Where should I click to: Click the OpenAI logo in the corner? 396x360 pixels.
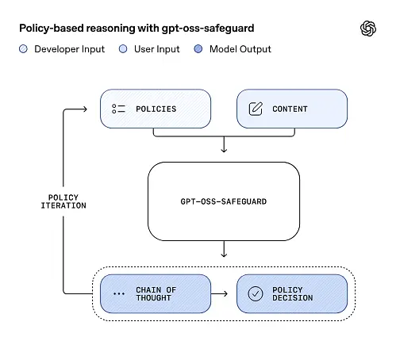tap(368, 29)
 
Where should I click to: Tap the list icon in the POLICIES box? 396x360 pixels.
tap(119, 109)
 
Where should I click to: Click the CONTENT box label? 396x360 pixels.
tap(290, 109)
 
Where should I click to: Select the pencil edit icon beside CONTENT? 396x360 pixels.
tap(256, 109)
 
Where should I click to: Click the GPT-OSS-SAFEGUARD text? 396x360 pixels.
tap(223, 201)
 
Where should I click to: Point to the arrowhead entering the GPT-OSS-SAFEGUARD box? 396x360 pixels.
tap(224, 150)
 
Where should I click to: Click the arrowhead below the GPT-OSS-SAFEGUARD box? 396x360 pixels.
tap(224, 254)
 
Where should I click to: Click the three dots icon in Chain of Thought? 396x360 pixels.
tap(119, 294)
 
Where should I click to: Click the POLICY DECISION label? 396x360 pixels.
tap(292, 294)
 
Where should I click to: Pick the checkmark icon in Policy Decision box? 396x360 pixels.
tap(256, 294)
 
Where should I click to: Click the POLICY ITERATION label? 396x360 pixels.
tap(63, 201)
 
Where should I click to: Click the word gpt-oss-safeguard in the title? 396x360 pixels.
tap(210, 29)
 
